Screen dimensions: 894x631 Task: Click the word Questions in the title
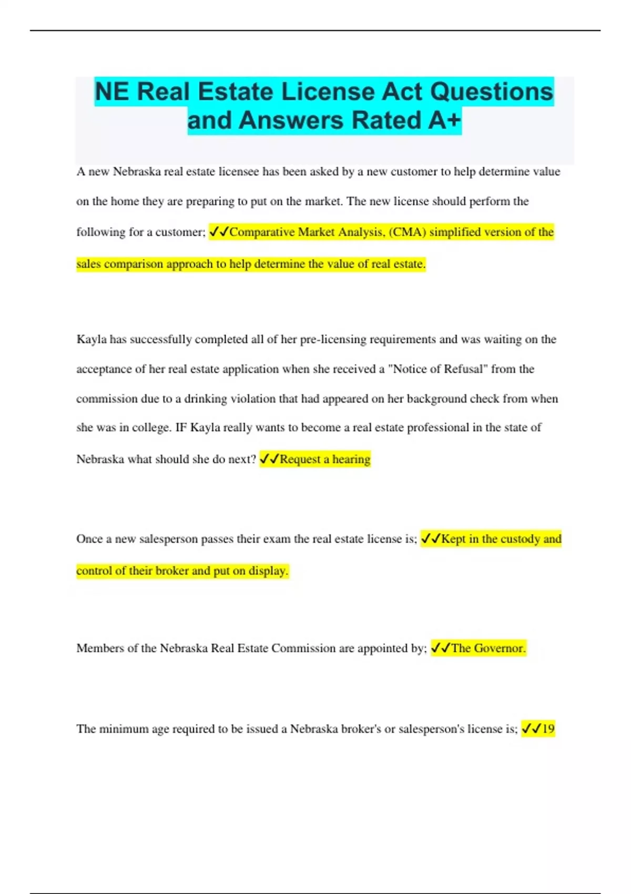pyautogui.click(x=491, y=92)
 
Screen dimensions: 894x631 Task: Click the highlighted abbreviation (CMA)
pyautogui.click(x=407, y=232)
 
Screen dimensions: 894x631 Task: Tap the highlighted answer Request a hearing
pyautogui.click(x=324, y=459)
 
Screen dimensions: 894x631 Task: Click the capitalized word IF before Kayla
pyautogui.click(x=180, y=428)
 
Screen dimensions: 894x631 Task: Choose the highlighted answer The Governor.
pyautogui.click(x=488, y=648)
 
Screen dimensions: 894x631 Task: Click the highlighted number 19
pyautogui.click(x=548, y=729)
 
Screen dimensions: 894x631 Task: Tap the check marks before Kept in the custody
pyautogui.click(x=431, y=539)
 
